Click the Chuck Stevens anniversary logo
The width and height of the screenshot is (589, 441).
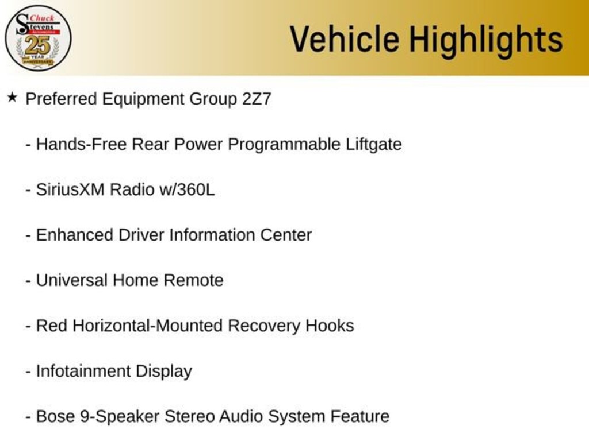38,38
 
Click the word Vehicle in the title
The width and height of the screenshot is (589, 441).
344,39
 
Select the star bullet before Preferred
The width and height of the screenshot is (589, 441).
12,98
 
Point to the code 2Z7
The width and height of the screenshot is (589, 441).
256,99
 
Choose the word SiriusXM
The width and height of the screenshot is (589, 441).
70,189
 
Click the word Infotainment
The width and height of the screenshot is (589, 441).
83,371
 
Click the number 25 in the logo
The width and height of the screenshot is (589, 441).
37,45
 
